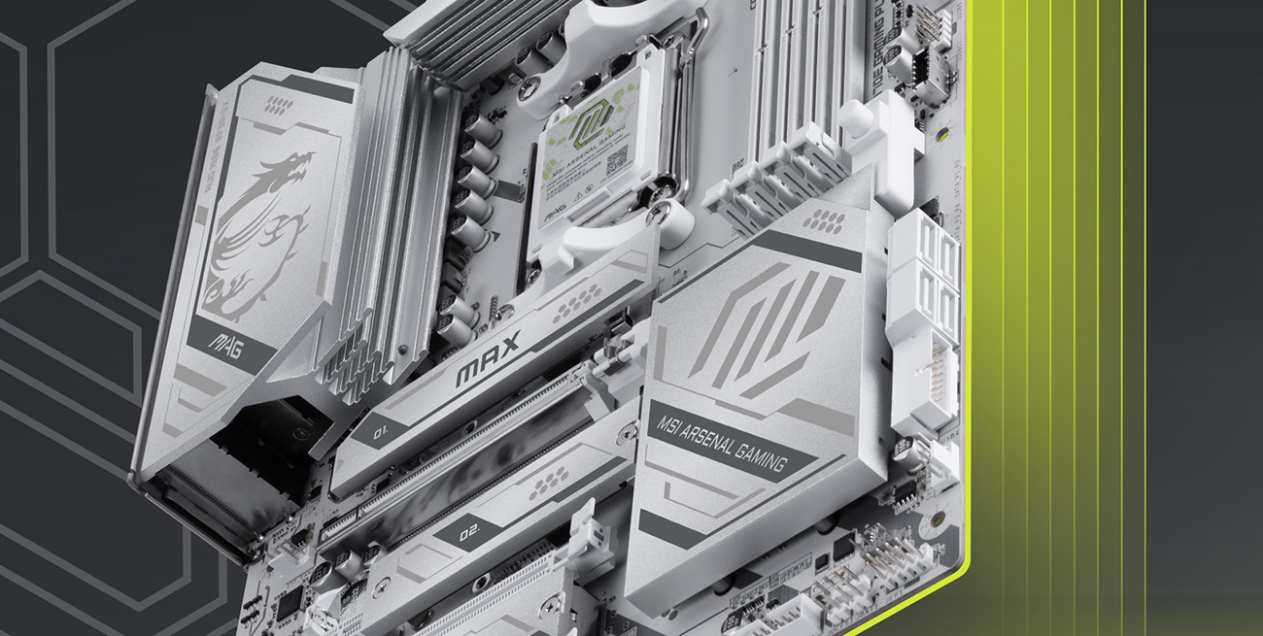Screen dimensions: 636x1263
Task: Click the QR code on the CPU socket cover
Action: tap(617, 163)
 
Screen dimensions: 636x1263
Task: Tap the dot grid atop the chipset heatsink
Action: tap(824, 220)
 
